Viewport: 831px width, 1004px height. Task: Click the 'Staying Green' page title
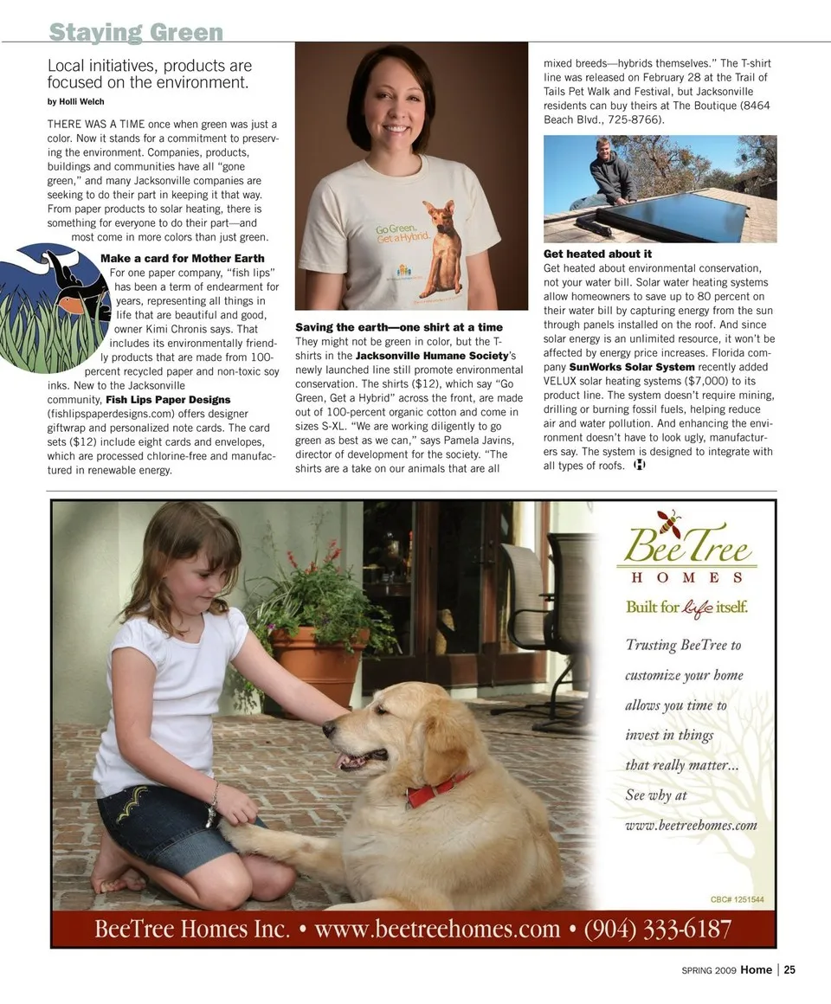point(136,33)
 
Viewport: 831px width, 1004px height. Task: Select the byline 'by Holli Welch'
point(75,102)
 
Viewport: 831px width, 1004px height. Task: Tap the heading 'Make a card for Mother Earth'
point(183,258)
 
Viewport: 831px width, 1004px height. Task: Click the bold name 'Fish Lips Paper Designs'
point(168,400)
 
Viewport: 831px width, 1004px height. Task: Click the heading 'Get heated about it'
point(597,254)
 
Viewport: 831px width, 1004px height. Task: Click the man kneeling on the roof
point(611,173)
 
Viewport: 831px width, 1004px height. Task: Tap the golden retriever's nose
point(330,729)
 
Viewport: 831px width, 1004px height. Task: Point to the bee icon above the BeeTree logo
point(668,522)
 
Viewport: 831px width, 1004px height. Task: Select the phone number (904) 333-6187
point(658,930)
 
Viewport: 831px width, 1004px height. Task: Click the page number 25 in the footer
point(789,969)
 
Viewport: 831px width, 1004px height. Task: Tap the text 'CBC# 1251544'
point(737,900)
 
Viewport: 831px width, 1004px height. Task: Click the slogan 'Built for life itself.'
point(686,606)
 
